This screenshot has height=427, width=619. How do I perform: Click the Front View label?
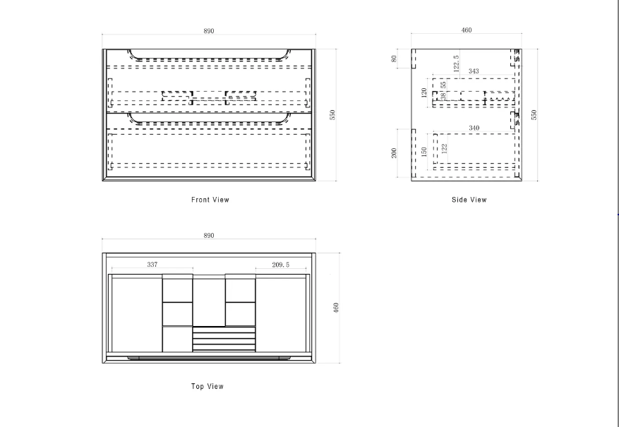(x=210, y=200)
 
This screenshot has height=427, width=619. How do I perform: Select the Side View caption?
(x=469, y=200)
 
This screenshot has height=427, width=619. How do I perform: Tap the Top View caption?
(x=208, y=386)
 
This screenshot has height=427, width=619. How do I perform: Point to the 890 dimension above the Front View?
(x=209, y=31)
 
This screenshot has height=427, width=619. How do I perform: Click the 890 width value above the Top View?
(x=209, y=235)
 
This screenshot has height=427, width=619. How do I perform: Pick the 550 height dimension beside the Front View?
(x=332, y=114)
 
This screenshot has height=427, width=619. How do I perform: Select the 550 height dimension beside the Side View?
(x=534, y=114)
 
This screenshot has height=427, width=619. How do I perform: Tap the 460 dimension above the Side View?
(x=467, y=30)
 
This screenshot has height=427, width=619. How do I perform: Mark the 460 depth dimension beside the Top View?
(x=337, y=308)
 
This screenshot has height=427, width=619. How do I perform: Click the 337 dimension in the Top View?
(x=152, y=265)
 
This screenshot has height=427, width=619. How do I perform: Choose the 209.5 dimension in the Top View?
(x=281, y=265)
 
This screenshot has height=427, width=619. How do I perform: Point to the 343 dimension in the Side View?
(x=473, y=71)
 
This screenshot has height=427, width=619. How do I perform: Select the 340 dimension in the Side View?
(x=473, y=128)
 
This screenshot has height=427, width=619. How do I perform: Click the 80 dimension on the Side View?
(x=395, y=59)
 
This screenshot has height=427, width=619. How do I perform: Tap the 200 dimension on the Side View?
(x=395, y=152)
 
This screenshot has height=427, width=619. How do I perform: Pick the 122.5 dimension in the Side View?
(x=457, y=64)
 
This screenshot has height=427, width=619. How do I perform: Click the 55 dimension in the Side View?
(x=443, y=85)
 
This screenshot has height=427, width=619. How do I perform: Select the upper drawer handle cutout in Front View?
(x=209, y=56)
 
